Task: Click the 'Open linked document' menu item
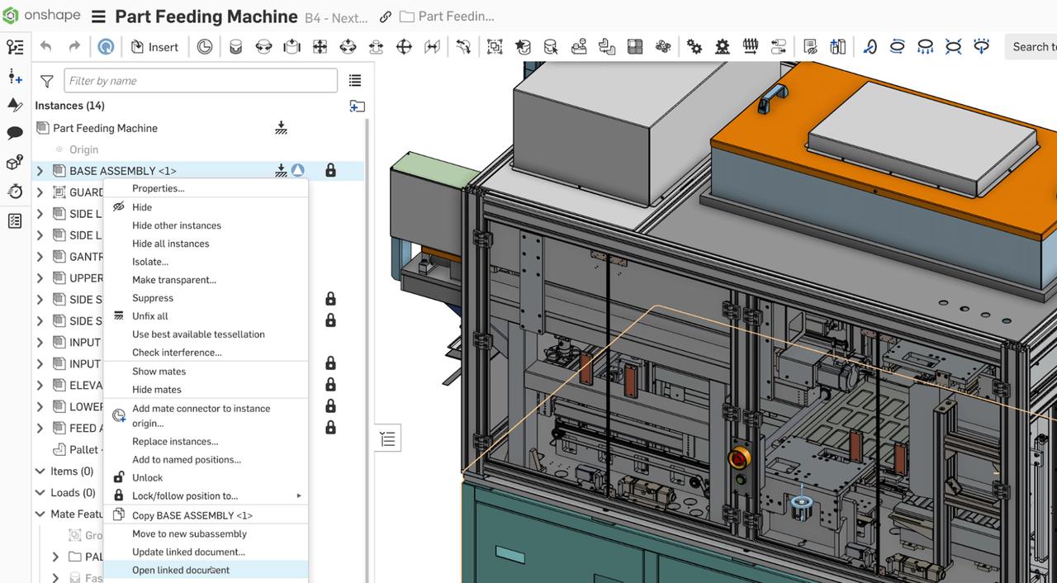coord(181,570)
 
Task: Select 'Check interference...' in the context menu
coord(177,353)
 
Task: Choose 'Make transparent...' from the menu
coord(174,280)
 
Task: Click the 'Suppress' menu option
coord(153,298)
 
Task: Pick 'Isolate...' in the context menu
coord(150,262)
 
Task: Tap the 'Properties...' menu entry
coord(159,188)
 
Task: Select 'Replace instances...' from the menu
coord(175,442)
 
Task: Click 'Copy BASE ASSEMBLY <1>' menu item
coord(192,515)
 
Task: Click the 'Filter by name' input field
coord(201,81)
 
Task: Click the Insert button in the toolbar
coord(154,47)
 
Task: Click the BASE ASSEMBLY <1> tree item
coord(123,171)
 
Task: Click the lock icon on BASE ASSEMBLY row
coord(330,171)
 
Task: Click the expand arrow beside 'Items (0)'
coord(40,472)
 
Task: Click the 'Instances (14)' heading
coord(69,106)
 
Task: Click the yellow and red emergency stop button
coord(739,457)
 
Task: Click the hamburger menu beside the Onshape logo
coord(98,17)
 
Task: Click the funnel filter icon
coord(47,81)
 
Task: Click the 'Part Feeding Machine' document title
coord(206,17)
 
